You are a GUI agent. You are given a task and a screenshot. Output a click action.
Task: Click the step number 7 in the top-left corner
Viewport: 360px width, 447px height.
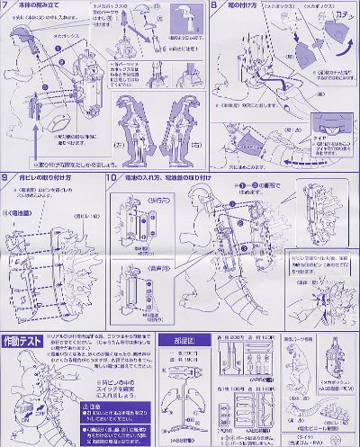[x=7, y=6]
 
